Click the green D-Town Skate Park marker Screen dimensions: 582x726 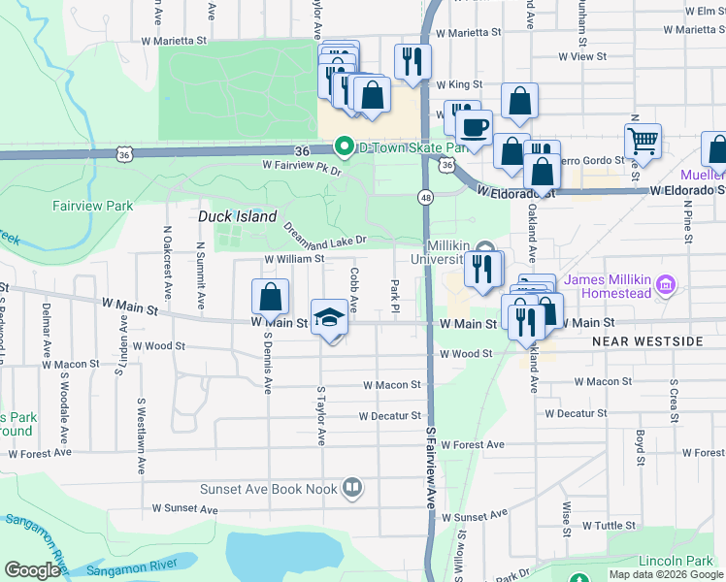pos(344,147)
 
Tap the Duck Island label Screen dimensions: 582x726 pos(238,216)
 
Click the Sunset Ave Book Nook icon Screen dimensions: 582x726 pos(352,488)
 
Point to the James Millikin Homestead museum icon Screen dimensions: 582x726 pos(667,286)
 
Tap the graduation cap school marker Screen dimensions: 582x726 pos(330,317)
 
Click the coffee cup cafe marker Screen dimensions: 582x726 pos(474,127)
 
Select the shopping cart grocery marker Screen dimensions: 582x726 pos(643,141)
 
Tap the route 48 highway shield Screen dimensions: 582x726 pos(426,197)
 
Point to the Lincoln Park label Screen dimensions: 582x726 pos(676,562)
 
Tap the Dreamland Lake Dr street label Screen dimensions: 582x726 pos(324,234)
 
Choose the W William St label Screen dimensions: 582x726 pos(294,260)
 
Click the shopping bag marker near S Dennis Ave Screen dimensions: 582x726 pos(271,296)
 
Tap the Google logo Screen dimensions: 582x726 pos(33,570)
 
